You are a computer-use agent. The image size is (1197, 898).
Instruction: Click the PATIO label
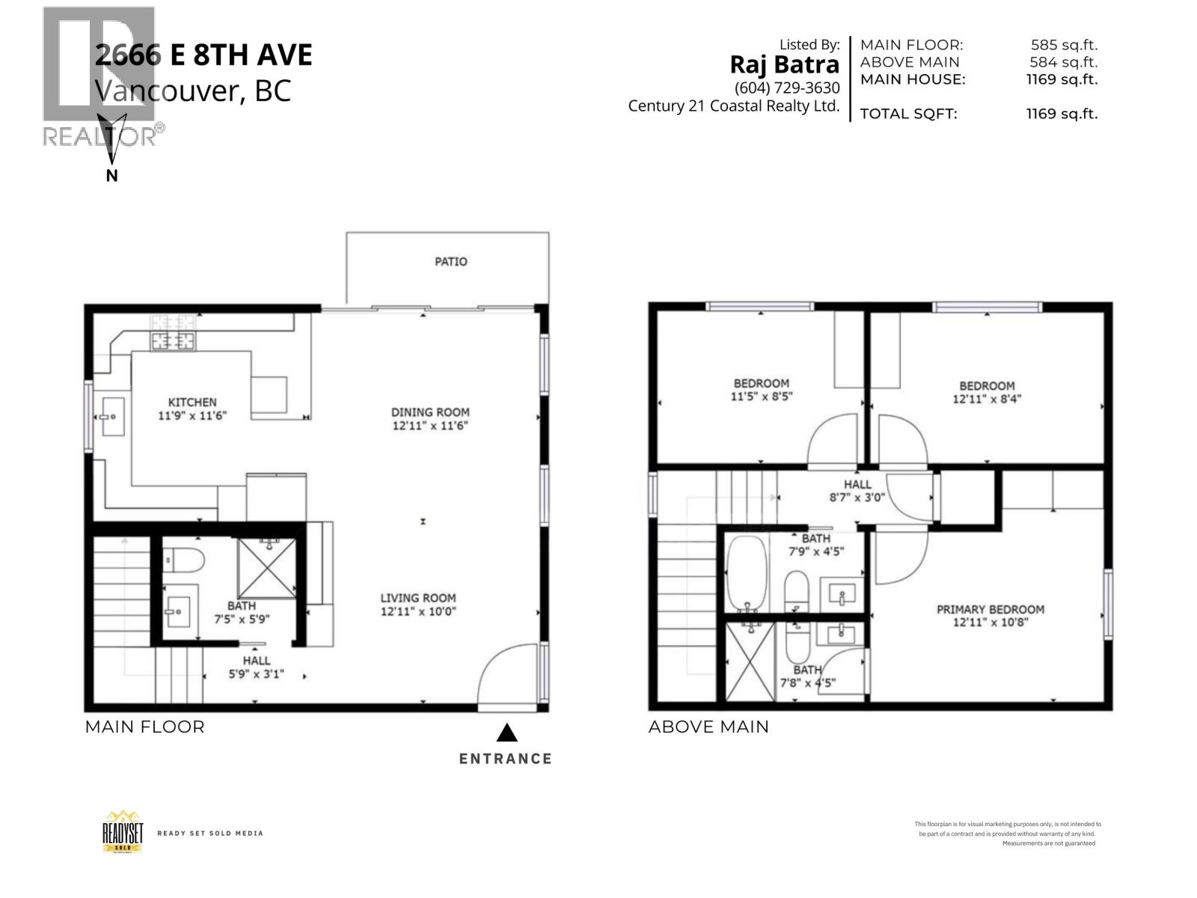(x=450, y=261)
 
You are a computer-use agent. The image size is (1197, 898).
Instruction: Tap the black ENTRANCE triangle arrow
(x=506, y=732)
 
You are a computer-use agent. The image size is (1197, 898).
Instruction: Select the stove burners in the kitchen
(x=173, y=333)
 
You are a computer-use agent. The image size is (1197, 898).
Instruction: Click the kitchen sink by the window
(x=113, y=416)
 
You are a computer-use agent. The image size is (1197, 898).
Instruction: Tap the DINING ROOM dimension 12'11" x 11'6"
(x=430, y=426)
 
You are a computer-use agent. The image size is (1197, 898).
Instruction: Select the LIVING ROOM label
(x=417, y=597)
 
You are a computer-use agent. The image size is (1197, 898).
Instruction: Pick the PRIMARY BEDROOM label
(x=990, y=609)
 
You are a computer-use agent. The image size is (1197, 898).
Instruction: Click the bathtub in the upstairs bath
(x=746, y=572)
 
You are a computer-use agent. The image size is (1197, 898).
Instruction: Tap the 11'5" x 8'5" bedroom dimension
(x=761, y=397)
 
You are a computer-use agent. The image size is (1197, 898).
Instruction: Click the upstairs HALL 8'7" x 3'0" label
(x=857, y=490)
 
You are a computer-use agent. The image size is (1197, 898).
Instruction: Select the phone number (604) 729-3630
(x=787, y=88)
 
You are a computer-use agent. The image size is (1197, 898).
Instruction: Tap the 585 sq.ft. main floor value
(x=1063, y=45)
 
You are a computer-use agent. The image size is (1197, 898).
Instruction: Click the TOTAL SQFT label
(x=907, y=114)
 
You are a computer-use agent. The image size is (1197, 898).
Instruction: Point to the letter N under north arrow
(x=112, y=176)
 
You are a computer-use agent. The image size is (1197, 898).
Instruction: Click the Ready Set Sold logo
(x=122, y=831)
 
